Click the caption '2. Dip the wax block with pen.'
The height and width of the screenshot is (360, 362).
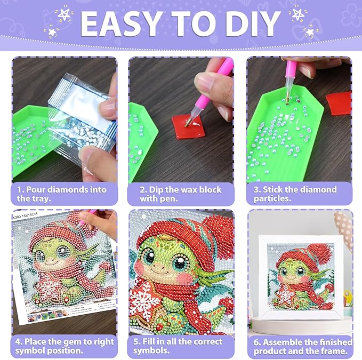click(x=181, y=194)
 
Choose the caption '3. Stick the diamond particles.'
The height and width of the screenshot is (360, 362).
click(x=299, y=194)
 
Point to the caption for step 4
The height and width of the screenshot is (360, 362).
click(x=64, y=346)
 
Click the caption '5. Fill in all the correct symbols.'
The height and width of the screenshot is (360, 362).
click(x=181, y=346)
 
